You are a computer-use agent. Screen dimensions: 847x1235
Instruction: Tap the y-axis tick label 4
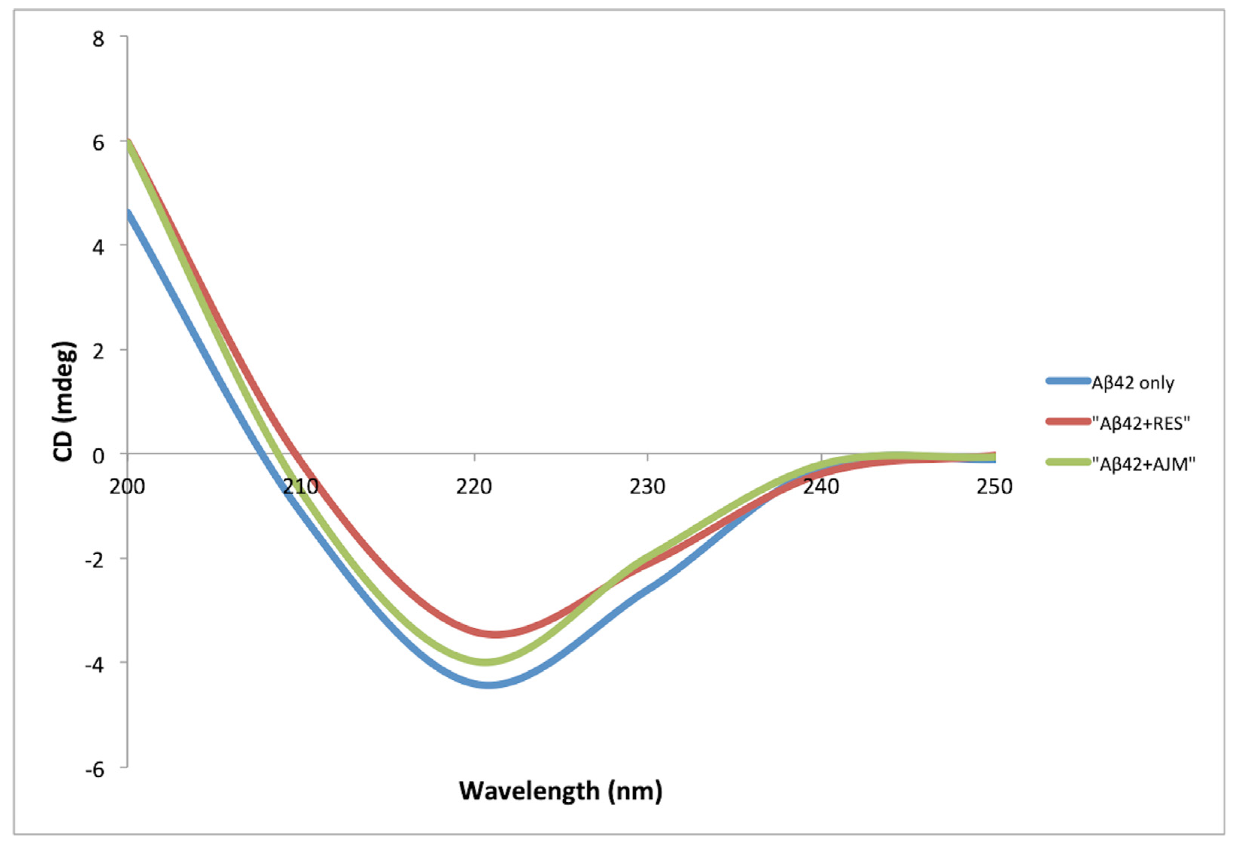98,247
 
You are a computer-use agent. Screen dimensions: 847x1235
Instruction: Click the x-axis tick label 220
474,486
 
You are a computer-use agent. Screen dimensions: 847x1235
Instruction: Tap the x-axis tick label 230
647,486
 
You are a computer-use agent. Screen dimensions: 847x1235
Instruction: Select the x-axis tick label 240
821,486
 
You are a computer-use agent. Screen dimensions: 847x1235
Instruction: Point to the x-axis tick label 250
994,486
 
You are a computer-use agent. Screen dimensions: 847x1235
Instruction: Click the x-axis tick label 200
128,486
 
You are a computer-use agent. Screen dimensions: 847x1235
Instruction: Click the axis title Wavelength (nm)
561,791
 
